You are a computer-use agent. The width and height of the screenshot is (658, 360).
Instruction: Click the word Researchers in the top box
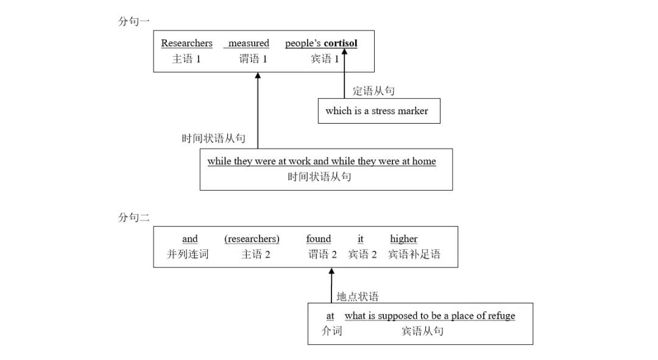pyautogui.click(x=186, y=43)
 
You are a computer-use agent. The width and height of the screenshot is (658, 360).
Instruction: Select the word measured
pyautogui.click(x=248, y=43)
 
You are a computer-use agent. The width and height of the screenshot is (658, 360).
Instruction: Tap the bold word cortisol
pyautogui.click(x=341, y=43)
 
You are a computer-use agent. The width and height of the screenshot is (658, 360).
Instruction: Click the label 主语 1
pyautogui.click(x=186, y=59)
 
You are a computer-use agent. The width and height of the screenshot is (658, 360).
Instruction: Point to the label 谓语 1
pyautogui.click(x=253, y=59)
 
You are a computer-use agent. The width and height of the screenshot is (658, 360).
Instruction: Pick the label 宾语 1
pyautogui.click(x=325, y=59)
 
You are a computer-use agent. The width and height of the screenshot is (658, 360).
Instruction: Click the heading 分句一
pyautogui.click(x=133, y=21)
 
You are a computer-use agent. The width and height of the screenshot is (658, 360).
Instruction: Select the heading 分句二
pyautogui.click(x=133, y=217)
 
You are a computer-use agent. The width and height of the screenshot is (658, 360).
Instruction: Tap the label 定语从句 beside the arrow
pyautogui.click(x=373, y=91)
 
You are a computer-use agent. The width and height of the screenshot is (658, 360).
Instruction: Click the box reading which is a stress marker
pyautogui.click(x=378, y=111)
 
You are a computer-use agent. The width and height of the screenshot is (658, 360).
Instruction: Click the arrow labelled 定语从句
pyautogui.click(x=344, y=76)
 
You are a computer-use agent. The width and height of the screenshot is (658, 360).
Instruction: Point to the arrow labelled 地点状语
pyautogui.click(x=331, y=285)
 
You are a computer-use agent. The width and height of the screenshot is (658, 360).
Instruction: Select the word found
pyautogui.click(x=319, y=239)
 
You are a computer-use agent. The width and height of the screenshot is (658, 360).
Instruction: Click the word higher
pyautogui.click(x=403, y=239)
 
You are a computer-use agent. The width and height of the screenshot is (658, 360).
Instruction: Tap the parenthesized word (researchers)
pyautogui.click(x=252, y=239)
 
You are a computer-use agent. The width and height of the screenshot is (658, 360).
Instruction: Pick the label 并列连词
pyautogui.click(x=188, y=255)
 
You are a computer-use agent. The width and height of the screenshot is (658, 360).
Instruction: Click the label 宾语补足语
pyautogui.click(x=414, y=255)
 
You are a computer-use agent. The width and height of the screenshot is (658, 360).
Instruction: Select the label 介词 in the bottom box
pyautogui.click(x=331, y=331)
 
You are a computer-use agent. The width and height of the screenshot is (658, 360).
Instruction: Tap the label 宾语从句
pyautogui.click(x=422, y=331)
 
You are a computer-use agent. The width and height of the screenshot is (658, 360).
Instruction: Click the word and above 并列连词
pyautogui.click(x=190, y=239)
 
